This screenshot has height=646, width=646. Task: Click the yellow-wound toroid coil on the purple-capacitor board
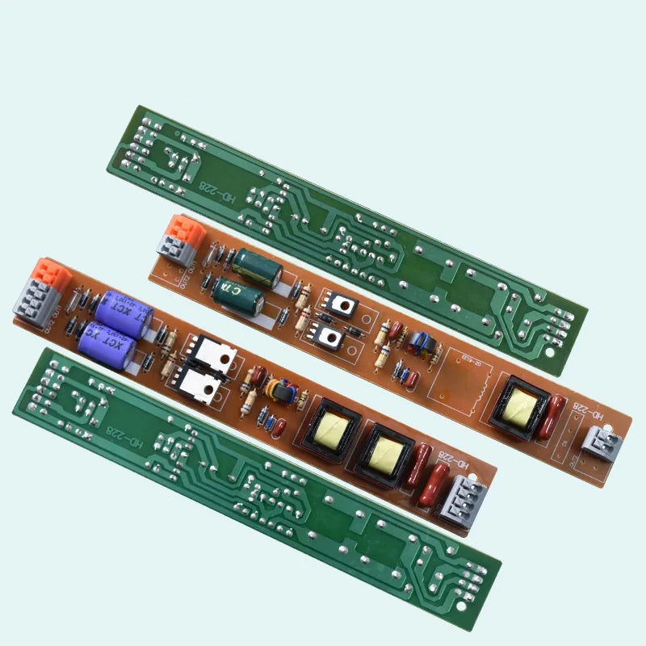(283, 391)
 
